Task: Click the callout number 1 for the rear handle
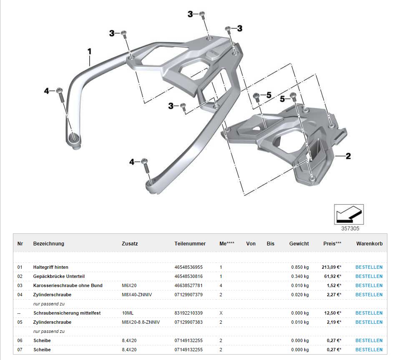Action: tap(89, 52)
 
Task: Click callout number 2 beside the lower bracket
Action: tap(348, 156)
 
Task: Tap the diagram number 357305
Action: tap(349, 228)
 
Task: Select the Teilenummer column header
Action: tap(190, 244)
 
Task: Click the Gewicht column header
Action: tap(299, 244)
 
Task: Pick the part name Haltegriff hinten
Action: tap(51, 267)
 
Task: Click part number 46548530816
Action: tap(188, 276)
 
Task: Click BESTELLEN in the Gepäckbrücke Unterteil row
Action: tap(369, 276)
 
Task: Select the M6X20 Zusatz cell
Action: tap(130, 285)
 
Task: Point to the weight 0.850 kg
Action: tap(300, 267)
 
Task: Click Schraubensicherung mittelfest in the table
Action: tap(67, 313)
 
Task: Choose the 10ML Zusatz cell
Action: tap(128, 313)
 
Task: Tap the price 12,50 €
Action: tap(333, 313)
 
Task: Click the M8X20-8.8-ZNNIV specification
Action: tap(141, 322)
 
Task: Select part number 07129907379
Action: tap(188, 295)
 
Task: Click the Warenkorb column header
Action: tap(369, 244)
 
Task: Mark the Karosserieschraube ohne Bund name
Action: tap(68, 285)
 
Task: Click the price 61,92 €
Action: tap(333, 276)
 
